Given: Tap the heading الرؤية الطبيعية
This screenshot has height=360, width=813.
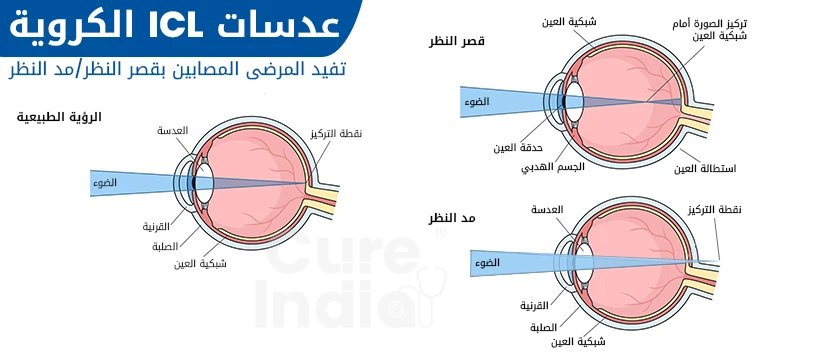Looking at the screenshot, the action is point(60,117).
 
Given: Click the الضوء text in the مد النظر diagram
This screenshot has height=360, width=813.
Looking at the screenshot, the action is point(489,264).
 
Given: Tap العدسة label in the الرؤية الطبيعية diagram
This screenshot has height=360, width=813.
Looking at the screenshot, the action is point(173,131).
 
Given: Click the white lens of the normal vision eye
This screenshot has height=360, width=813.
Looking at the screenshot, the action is point(205,182).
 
